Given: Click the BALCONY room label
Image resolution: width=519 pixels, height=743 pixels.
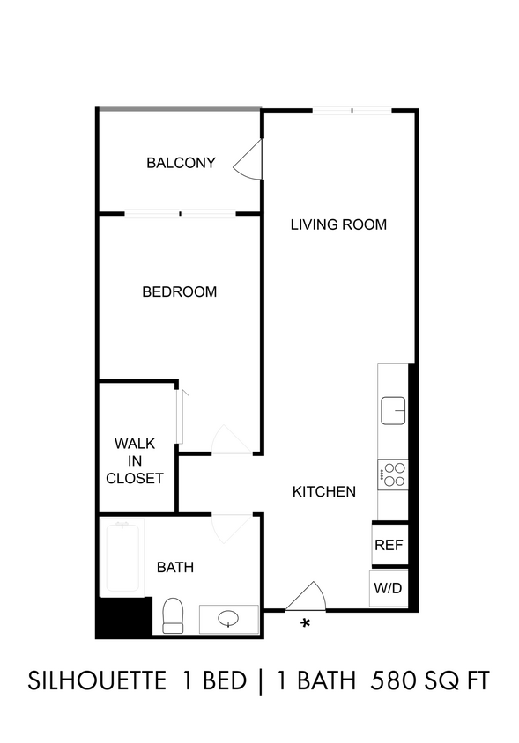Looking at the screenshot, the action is point(181,163).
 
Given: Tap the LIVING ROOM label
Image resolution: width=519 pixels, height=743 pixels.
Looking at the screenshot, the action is point(338,224).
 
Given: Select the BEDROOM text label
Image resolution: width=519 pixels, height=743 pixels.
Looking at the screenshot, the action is point(180,291).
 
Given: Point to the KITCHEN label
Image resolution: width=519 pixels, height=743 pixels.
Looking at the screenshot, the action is point(324,492).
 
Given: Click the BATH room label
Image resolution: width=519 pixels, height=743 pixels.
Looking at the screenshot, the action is point(175,567).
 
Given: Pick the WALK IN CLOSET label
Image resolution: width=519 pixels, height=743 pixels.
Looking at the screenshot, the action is point(135,461).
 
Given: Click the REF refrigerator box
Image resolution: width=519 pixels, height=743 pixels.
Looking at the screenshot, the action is point(389,545).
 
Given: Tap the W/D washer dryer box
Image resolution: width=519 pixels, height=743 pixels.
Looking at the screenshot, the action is point(389,588).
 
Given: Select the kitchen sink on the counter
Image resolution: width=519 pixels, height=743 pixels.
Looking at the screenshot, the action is point(393,410).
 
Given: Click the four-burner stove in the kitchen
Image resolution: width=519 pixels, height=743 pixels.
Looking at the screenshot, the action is point(393,474).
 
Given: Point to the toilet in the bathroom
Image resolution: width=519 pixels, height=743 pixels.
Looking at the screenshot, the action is point(173,615).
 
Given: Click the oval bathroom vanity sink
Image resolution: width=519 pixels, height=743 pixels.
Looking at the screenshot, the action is point(228,618).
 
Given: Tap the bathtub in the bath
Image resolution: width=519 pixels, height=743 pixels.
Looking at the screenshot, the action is point(122,557).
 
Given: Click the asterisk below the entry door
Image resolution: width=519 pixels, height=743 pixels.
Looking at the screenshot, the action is point(306,622).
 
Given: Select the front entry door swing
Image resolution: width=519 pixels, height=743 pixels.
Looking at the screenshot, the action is point(306,596).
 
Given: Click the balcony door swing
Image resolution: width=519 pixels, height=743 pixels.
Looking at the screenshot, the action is point(248,159).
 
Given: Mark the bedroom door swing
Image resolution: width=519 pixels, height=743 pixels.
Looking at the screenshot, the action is point(232,440).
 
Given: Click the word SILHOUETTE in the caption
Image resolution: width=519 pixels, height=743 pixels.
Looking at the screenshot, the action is point(97,680).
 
